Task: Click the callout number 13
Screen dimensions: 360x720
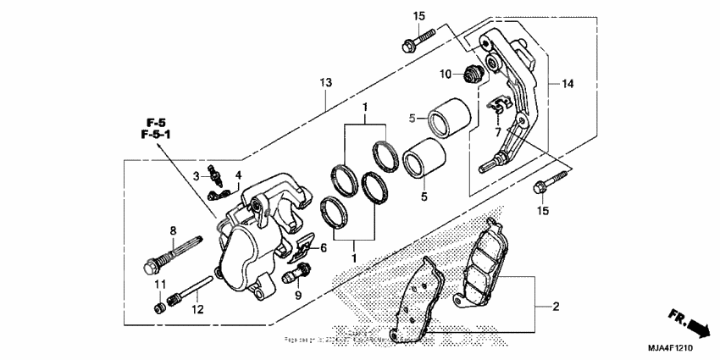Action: tap(326, 82)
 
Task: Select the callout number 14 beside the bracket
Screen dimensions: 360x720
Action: tap(568, 84)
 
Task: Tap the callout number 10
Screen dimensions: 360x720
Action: tap(445, 75)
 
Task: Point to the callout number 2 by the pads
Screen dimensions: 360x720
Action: tap(556, 306)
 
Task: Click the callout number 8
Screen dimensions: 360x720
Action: tap(172, 230)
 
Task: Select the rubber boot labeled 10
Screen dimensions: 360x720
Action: tap(472, 74)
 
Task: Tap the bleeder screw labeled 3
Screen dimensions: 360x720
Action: tap(218, 178)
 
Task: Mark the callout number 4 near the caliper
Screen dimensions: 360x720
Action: tap(238, 175)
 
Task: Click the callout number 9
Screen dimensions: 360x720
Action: tap(298, 295)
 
